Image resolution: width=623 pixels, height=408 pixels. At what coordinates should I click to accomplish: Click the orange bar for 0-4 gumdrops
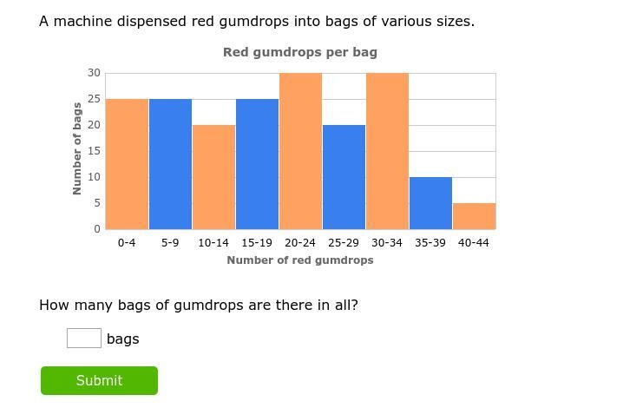127,164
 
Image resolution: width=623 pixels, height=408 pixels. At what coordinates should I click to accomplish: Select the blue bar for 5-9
170,164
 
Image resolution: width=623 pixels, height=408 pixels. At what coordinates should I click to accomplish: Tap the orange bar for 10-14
213,177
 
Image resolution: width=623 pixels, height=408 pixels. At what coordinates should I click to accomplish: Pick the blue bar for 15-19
257,164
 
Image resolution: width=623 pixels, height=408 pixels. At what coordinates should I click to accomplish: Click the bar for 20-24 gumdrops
300,151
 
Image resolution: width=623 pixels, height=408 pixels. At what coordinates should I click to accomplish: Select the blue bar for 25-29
344,177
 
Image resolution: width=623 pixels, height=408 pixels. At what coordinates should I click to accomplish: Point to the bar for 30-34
387,151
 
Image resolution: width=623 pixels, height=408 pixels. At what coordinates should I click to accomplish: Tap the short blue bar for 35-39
430,203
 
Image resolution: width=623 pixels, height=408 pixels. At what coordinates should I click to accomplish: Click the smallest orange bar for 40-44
475,216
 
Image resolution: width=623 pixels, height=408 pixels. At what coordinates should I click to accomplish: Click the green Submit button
99,380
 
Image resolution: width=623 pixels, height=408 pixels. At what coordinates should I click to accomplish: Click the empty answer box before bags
84,338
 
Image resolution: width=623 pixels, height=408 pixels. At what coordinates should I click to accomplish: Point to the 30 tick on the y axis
95,73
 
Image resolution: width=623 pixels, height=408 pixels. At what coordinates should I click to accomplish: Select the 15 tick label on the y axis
95,151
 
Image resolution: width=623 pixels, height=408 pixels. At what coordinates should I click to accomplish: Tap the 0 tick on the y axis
97,229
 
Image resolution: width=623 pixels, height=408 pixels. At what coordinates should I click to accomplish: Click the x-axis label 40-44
474,242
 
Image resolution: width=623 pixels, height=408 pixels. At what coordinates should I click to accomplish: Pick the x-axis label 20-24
300,242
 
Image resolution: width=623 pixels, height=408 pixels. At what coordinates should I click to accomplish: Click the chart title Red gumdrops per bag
300,52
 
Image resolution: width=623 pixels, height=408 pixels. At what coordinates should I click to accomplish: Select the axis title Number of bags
77,148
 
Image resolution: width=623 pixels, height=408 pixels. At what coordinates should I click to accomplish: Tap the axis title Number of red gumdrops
300,260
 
